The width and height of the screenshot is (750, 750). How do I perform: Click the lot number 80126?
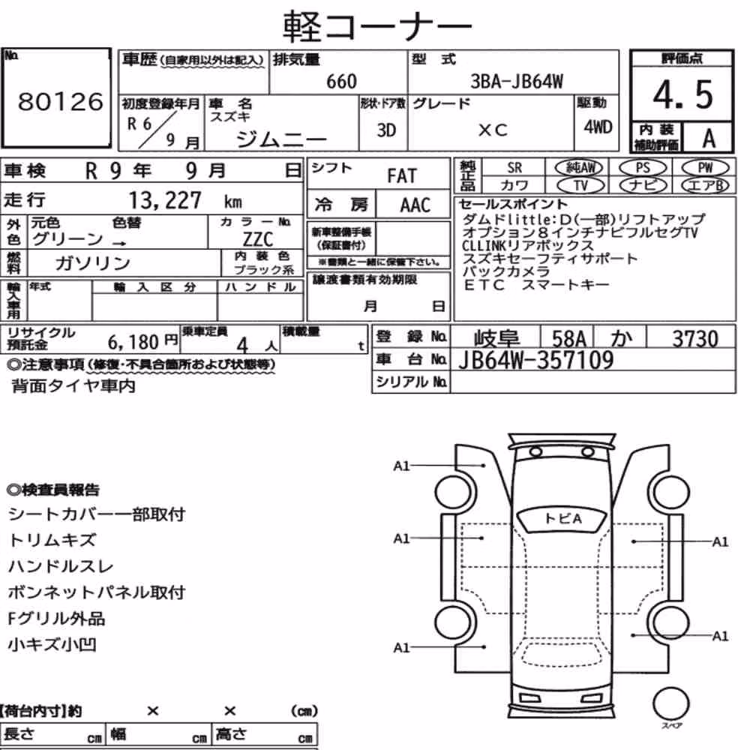60,101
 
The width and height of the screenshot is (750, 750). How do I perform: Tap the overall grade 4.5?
682,94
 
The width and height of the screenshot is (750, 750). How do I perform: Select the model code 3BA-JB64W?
517,81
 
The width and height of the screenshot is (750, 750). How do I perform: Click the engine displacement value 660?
341,81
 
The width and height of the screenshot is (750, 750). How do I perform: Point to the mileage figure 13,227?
165,200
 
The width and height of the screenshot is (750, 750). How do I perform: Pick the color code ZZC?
258,239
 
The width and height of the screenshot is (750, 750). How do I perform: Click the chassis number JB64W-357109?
535,360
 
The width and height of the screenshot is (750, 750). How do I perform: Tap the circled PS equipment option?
643,168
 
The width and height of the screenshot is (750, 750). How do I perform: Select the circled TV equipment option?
580,185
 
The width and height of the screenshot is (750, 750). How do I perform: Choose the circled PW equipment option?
705,168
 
